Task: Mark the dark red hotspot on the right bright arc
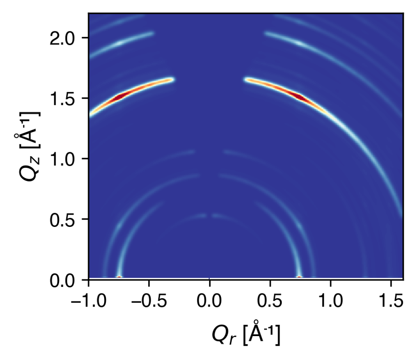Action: [x=299, y=96]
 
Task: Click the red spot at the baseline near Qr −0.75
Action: [x=119, y=277]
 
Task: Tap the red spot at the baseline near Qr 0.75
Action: [x=299, y=277]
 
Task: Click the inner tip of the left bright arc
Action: [x=172, y=79]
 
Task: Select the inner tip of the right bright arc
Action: [x=247, y=79]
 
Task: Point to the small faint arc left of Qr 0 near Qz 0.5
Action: [x=199, y=216]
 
